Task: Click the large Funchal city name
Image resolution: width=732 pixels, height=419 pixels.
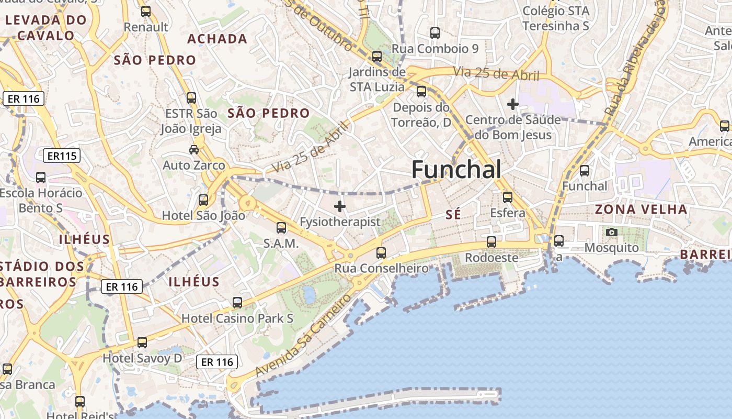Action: (456, 170)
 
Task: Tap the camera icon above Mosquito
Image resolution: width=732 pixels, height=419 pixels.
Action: (611, 232)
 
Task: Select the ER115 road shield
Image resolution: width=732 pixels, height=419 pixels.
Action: (62, 156)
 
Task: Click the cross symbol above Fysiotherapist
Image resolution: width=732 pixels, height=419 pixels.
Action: (340, 206)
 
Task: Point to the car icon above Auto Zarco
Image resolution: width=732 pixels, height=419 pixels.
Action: (194, 150)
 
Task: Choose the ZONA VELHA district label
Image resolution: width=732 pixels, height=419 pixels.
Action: (642, 210)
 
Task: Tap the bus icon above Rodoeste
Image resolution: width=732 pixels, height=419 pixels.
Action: (491, 242)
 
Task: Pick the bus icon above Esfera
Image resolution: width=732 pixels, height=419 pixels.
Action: (507, 197)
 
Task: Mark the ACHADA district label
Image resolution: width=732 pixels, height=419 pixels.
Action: (217, 39)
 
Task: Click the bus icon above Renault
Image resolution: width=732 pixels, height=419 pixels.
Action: (146, 11)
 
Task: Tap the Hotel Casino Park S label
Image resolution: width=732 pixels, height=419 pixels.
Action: (237, 318)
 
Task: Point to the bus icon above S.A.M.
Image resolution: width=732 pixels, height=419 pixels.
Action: (281, 228)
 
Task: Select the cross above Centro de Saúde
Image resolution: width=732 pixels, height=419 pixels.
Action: (512, 104)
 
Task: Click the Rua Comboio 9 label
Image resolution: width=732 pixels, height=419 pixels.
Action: (435, 49)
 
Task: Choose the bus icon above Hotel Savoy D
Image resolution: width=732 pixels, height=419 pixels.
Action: (142, 343)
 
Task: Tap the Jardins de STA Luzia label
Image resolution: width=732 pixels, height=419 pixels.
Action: (377, 79)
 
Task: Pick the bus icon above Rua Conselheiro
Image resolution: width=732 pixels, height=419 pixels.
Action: (381, 253)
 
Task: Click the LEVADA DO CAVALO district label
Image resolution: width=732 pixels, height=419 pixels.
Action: (46, 28)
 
